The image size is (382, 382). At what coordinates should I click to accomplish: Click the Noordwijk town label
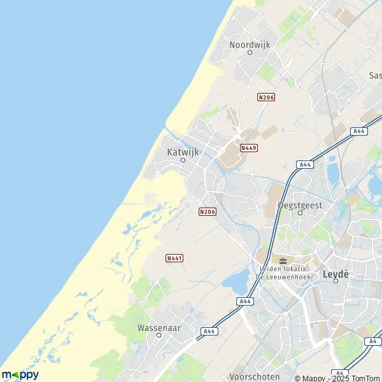point(250,45)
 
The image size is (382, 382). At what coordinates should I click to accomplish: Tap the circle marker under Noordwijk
point(250,53)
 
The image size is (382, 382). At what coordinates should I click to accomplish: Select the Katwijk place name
point(183,152)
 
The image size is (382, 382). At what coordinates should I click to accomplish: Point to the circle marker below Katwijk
point(182,160)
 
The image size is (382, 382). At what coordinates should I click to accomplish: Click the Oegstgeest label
point(301,205)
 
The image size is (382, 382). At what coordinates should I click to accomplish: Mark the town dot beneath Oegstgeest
point(301,213)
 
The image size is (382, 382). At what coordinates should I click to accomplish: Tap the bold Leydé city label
point(336,274)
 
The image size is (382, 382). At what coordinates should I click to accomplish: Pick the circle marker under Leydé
point(336,281)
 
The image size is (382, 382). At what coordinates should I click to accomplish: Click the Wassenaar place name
point(159,328)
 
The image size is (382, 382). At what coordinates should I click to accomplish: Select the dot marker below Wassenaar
point(159,336)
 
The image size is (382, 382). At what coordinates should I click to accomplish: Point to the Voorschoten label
point(255,376)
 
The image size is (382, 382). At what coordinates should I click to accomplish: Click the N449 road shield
point(248,148)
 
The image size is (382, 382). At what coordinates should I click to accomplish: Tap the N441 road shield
point(174,258)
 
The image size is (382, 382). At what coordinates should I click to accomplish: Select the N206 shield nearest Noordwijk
point(265,97)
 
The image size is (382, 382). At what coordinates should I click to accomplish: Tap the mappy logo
point(20,375)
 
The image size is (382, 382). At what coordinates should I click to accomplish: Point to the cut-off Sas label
point(375,75)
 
